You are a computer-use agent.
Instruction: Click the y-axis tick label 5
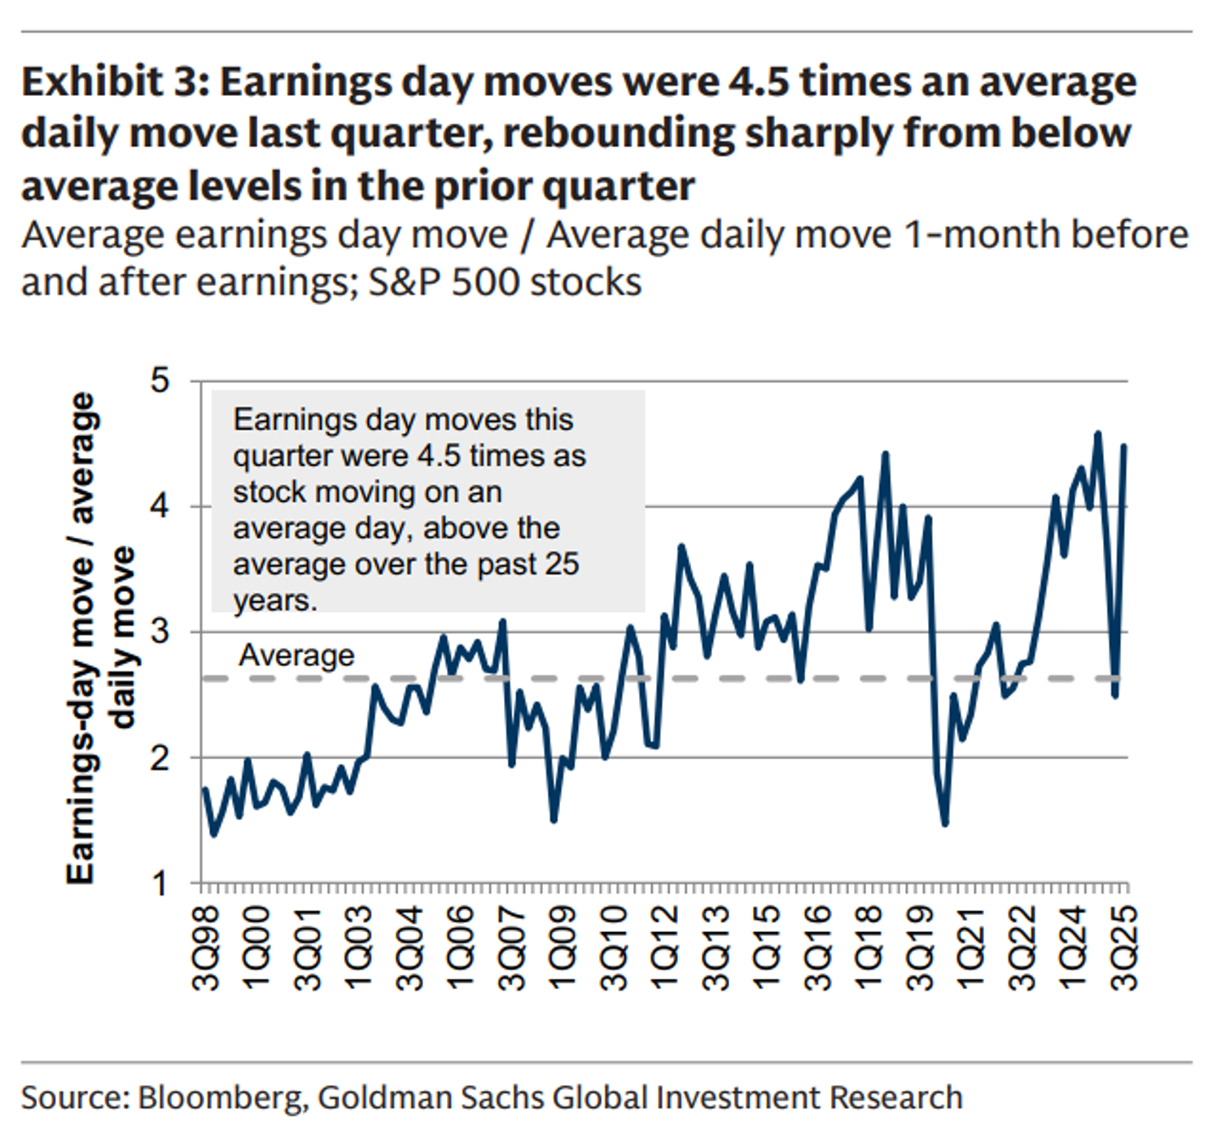coord(160,380)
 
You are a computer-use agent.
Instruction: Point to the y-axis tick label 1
coord(160,883)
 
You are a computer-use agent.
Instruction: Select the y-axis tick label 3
coord(160,631)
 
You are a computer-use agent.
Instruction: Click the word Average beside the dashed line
coord(296,656)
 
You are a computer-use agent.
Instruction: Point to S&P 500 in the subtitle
coord(423,282)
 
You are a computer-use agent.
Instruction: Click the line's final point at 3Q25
coord(1124,446)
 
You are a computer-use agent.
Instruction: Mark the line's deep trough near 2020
coord(945,824)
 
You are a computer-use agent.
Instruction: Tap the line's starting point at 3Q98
coord(204,789)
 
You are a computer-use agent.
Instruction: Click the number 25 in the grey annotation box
coord(562,564)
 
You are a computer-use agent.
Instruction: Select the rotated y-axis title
coord(99,639)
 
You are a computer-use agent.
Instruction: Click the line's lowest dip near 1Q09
coord(554,820)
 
